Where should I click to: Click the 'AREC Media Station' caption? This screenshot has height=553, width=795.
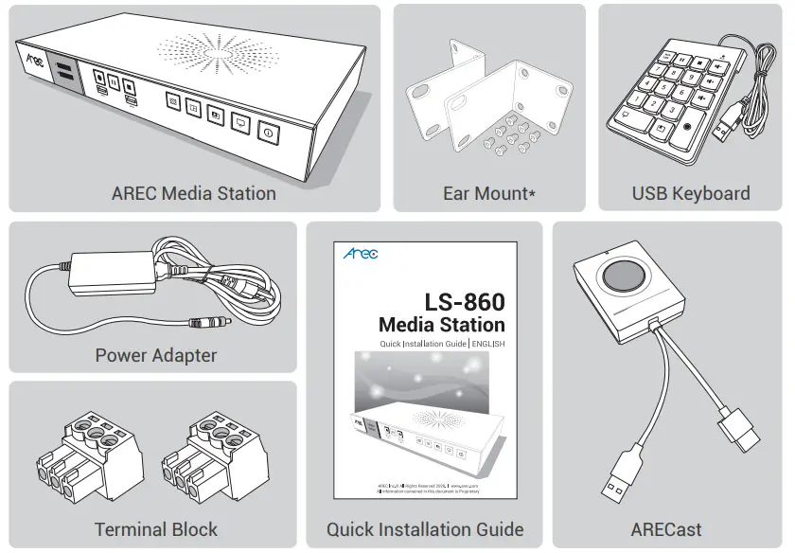193,193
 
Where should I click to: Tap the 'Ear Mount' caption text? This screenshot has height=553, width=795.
488,193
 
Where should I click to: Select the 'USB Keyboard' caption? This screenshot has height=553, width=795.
691,193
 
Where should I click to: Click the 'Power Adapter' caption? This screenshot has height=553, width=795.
155,356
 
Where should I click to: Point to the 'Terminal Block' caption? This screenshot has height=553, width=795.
155,529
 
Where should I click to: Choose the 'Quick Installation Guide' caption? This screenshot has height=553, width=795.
425,529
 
